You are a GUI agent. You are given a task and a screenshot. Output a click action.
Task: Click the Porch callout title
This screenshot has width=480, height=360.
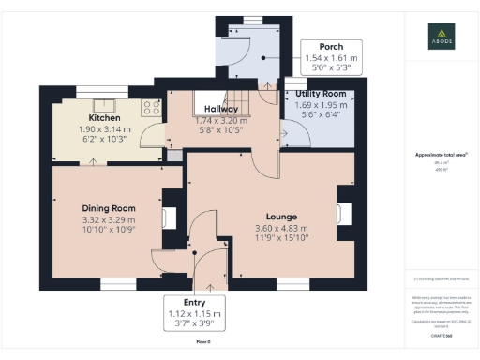[x=330, y=47]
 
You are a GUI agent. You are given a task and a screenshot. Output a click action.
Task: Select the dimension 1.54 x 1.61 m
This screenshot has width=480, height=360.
[x=331, y=57]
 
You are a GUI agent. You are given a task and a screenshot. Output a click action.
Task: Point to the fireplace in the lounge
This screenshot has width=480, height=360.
[x=343, y=214]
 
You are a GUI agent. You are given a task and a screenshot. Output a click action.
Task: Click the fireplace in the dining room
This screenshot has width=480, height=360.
[x=169, y=218]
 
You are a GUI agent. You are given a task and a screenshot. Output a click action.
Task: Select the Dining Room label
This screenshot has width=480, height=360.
[x=110, y=208]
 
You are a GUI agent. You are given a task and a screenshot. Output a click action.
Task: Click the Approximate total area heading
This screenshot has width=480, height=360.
[x=441, y=155]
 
